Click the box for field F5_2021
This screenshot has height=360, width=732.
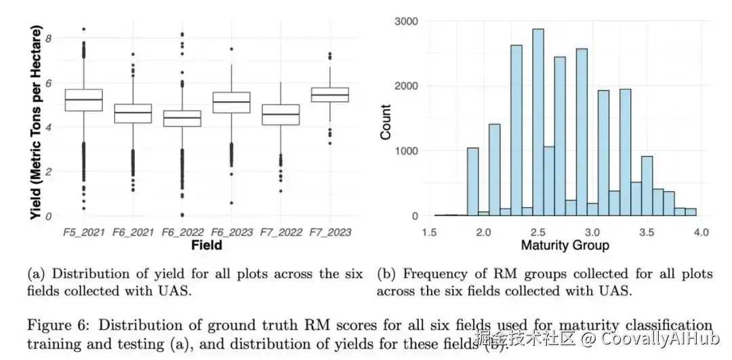(83, 100)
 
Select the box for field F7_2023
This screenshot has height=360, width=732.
(329, 94)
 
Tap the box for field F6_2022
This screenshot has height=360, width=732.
(182, 118)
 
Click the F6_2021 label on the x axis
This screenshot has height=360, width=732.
(132, 233)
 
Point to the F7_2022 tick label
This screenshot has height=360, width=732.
(279, 233)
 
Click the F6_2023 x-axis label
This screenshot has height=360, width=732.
(231, 233)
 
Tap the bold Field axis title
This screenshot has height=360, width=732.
(206, 245)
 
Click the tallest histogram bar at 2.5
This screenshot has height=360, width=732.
(538, 123)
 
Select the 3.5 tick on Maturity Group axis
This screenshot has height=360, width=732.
(647, 232)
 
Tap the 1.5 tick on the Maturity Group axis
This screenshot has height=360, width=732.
(429, 232)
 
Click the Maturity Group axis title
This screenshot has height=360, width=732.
(565, 245)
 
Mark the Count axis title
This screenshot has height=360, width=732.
(386, 122)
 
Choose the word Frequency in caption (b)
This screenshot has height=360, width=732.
(427, 274)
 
